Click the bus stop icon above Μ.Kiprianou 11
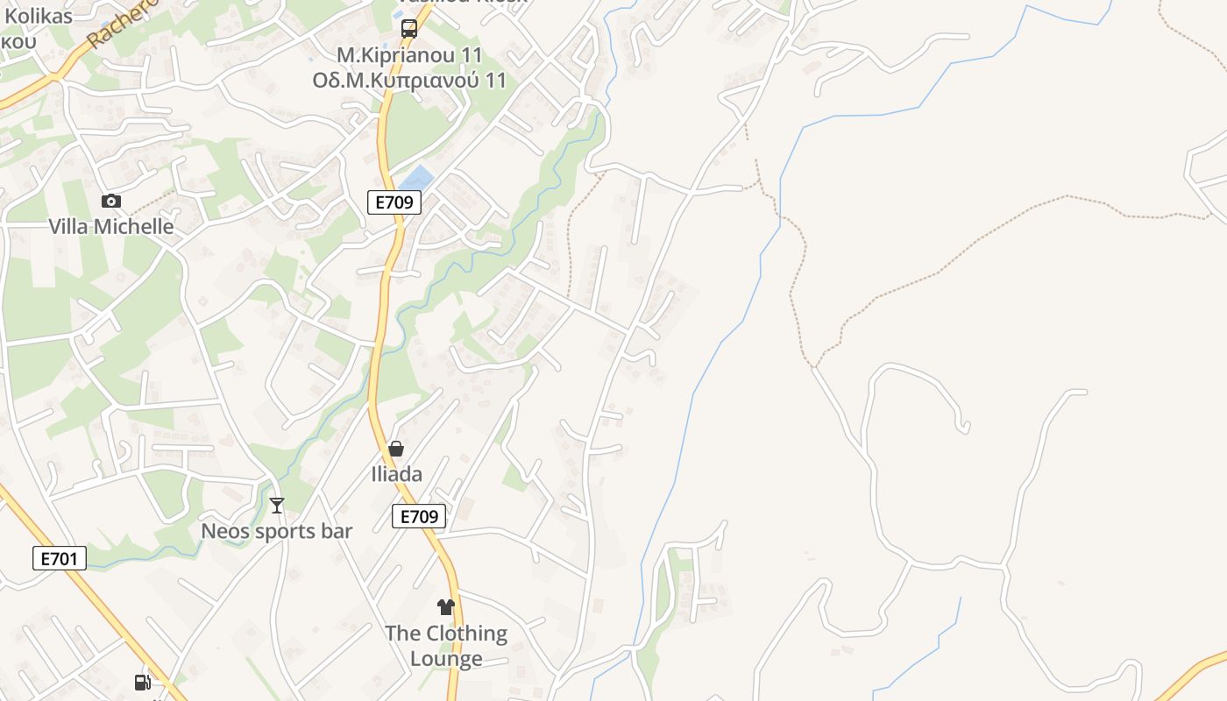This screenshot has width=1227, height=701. point(408,29)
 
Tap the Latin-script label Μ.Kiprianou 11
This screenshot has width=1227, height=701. point(409,55)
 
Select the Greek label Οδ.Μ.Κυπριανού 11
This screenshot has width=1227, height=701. point(409,81)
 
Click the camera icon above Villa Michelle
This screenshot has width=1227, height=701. point(110,202)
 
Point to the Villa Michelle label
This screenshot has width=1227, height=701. point(110,226)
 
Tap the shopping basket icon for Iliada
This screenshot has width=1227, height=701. point(396,450)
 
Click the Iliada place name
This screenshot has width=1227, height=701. point(396,475)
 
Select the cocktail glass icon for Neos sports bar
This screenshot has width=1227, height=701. point(277,506)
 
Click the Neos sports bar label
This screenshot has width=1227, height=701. point(277,531)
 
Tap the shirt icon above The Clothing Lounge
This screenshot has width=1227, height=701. point(446,607)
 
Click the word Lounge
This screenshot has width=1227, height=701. point(446,659)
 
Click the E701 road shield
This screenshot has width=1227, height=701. point(60,558)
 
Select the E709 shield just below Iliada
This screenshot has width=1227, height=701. point(419,517)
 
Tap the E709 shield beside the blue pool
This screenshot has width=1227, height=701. point(394,202)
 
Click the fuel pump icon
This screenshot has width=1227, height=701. point(142,683)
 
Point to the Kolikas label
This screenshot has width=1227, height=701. point(39,15)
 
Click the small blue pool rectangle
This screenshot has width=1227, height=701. point(417,177)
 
